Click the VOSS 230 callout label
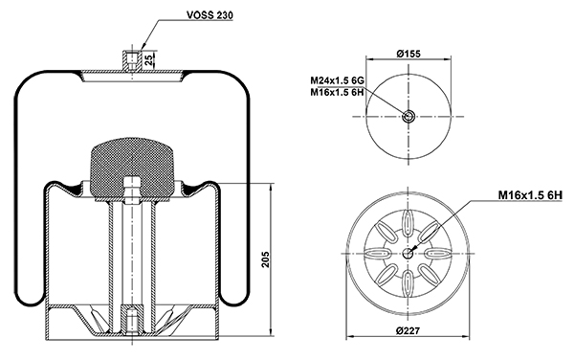click(x=210, y=15)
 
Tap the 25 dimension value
click(x=149, y=59)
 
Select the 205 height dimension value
click(x=266, y=259)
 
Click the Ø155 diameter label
click(x=408, y=54)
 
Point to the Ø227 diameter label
click(x=408, y=330)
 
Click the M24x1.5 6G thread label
click(x=337, y=80)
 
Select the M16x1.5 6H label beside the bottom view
click(x=530, y=195)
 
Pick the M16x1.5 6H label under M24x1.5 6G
click(x=337, y=92)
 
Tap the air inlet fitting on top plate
click(x=131, y=59)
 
